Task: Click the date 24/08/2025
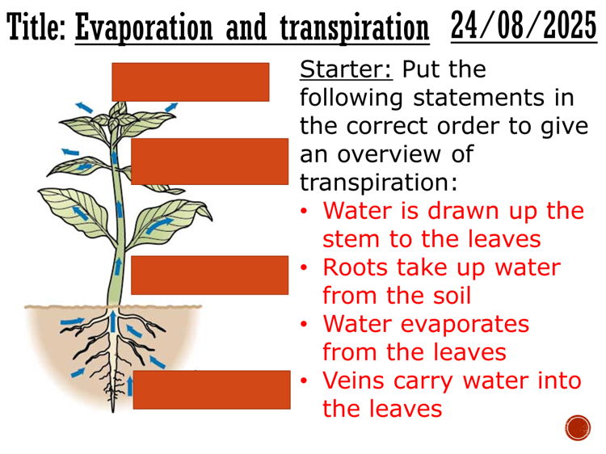click(x=523, y=26)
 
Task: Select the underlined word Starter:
click(x=346, y=69)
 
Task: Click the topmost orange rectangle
click(x=190, y=82)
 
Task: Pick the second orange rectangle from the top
click(x=209, y=161)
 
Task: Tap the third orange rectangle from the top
click(x=209, y=275)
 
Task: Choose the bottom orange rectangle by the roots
click(x=211, y=389)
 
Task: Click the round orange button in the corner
click(x=578, y=427)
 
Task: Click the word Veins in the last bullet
click(x=354, y=380)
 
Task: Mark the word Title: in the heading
click(x=37, y=29)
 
